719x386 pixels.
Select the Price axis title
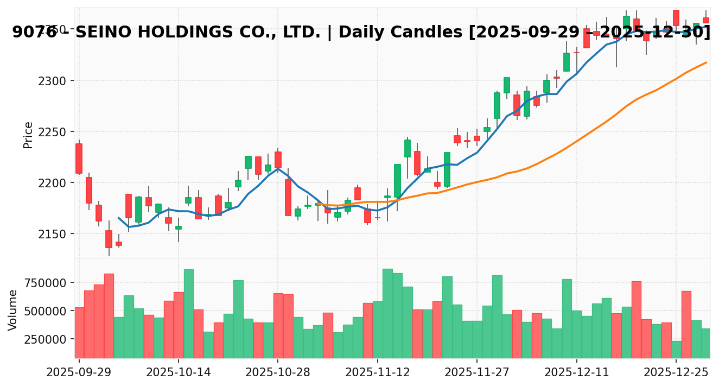point(28,135)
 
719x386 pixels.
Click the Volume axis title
point(13,310)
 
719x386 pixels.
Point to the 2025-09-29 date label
point(79,372)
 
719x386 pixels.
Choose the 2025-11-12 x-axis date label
point(378,372)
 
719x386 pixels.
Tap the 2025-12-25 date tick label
point(676,372)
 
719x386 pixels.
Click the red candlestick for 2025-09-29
point(79,159)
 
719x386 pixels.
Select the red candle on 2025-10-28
point(278,160)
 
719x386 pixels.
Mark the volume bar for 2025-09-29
point(79,332)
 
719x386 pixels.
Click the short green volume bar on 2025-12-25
point(676,349)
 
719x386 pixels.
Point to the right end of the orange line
point(706,62)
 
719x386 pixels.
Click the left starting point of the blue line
point(118,218)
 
